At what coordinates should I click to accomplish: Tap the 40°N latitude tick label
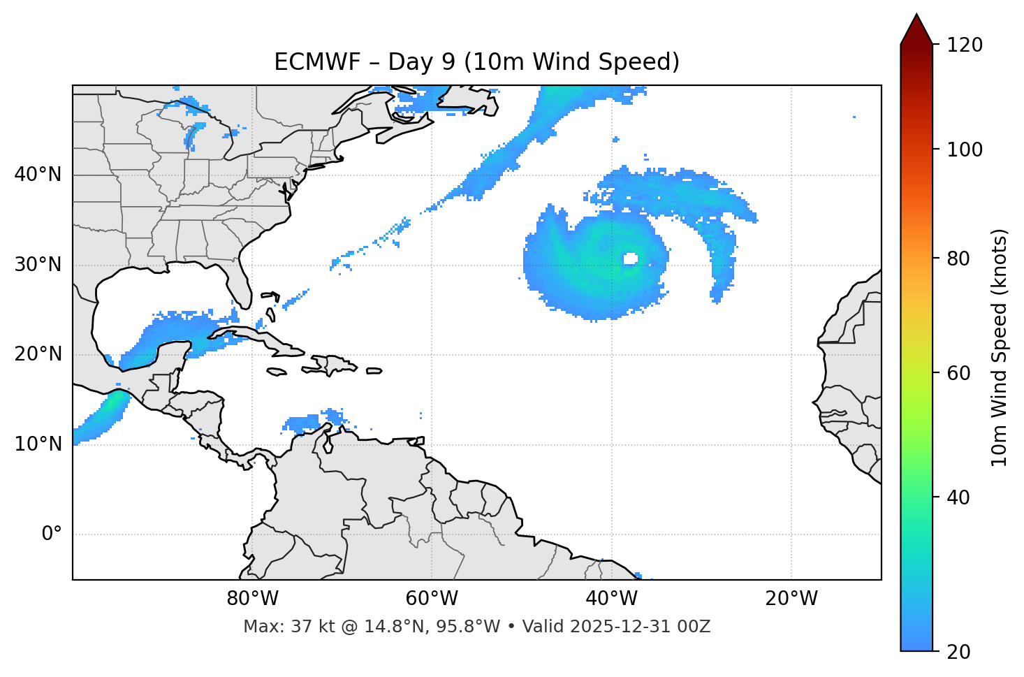tap(38, 175)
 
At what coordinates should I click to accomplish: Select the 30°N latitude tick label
tap(38, 265)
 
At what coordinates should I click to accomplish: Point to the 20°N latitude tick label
tap(38, 354)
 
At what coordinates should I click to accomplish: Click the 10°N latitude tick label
tap(38, 444)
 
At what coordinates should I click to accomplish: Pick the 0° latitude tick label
tap(52, 534)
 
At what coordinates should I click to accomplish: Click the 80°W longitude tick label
tap(252, 599)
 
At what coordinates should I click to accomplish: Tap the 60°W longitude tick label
tap(432, 599)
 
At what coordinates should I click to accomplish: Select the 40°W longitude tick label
tap(611, 599)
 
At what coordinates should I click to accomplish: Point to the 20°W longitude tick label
tap(791, 599)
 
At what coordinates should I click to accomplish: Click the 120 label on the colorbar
tap(965, 45)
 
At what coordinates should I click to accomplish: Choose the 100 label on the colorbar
tap(965, 150)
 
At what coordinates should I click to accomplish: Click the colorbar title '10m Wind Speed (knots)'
tap(1000, 348)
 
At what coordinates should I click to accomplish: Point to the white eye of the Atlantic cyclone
tap(630, 259)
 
